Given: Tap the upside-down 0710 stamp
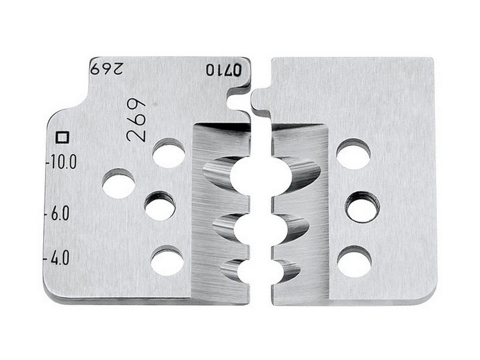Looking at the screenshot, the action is coord(224,70).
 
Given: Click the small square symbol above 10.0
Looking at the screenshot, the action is coord(62,137).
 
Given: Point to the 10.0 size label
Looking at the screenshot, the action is coord(61,162).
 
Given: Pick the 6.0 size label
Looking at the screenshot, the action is coord(57,214).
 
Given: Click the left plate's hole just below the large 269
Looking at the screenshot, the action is coord(169,153).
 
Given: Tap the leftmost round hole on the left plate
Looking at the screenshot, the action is coord(119,183).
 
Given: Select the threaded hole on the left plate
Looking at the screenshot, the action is coord(160,205).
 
